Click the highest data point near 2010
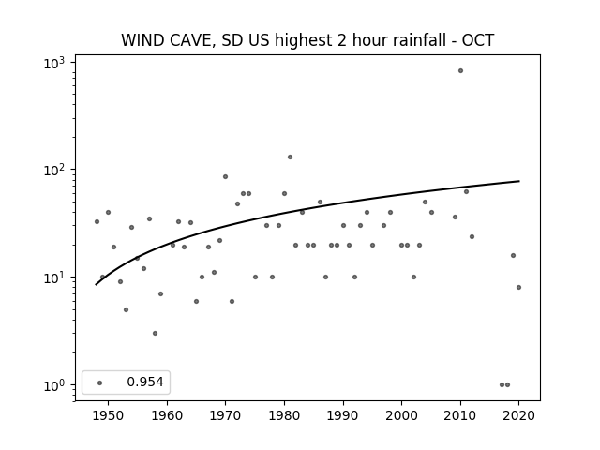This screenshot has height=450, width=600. [460, 71]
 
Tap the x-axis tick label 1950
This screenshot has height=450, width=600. [109, 415]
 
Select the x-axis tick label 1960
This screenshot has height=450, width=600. [167, 415]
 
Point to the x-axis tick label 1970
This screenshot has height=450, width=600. [225, 415]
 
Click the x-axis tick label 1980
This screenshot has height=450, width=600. [284, 415]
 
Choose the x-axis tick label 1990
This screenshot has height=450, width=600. [343, 415]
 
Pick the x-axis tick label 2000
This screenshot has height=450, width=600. [402, 415]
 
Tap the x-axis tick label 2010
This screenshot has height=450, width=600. [460, 415]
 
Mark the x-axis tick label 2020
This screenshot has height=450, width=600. [518, 415]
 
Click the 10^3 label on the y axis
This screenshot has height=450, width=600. [54, 63]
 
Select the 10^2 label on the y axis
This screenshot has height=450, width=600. [54, 171]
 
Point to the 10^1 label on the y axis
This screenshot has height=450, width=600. [54, 278]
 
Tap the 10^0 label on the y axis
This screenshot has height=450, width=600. [54, 385]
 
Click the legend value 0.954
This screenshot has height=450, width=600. [145, 382]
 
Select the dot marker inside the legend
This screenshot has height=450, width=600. [100, 382]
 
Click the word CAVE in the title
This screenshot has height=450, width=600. [189, 40]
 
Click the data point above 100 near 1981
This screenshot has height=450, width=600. [290, 157]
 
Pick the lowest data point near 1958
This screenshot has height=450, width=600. [155, 334]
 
